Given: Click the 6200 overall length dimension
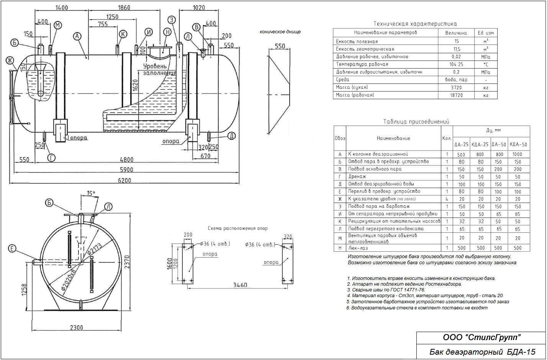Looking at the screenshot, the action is [124, 180].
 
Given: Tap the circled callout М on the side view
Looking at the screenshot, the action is [58, 25].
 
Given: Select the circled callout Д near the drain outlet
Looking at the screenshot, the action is [231, 136].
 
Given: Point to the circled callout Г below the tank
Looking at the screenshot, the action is [51, 158].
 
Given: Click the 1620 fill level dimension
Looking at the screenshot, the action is [135, 85].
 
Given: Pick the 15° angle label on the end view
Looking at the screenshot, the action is [91, 193].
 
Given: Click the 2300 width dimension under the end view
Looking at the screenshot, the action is [77, 327].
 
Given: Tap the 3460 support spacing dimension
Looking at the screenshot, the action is [240, 285].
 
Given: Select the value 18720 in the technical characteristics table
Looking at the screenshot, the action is [456, 95].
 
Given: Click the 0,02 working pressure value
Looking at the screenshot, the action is [456, 57].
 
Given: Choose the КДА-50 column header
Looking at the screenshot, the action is [518, 144].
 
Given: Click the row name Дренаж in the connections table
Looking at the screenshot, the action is [357, 177].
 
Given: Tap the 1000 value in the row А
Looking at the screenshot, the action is [517, 154].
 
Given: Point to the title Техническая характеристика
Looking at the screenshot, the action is [415, 24].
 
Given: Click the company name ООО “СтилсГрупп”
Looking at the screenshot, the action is [481, 337].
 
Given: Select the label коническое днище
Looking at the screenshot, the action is [280, 32].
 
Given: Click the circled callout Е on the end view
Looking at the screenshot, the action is [12, 249].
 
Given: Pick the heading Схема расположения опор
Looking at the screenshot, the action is [237, 228].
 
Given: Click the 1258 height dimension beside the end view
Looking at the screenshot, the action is [24, 290].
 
